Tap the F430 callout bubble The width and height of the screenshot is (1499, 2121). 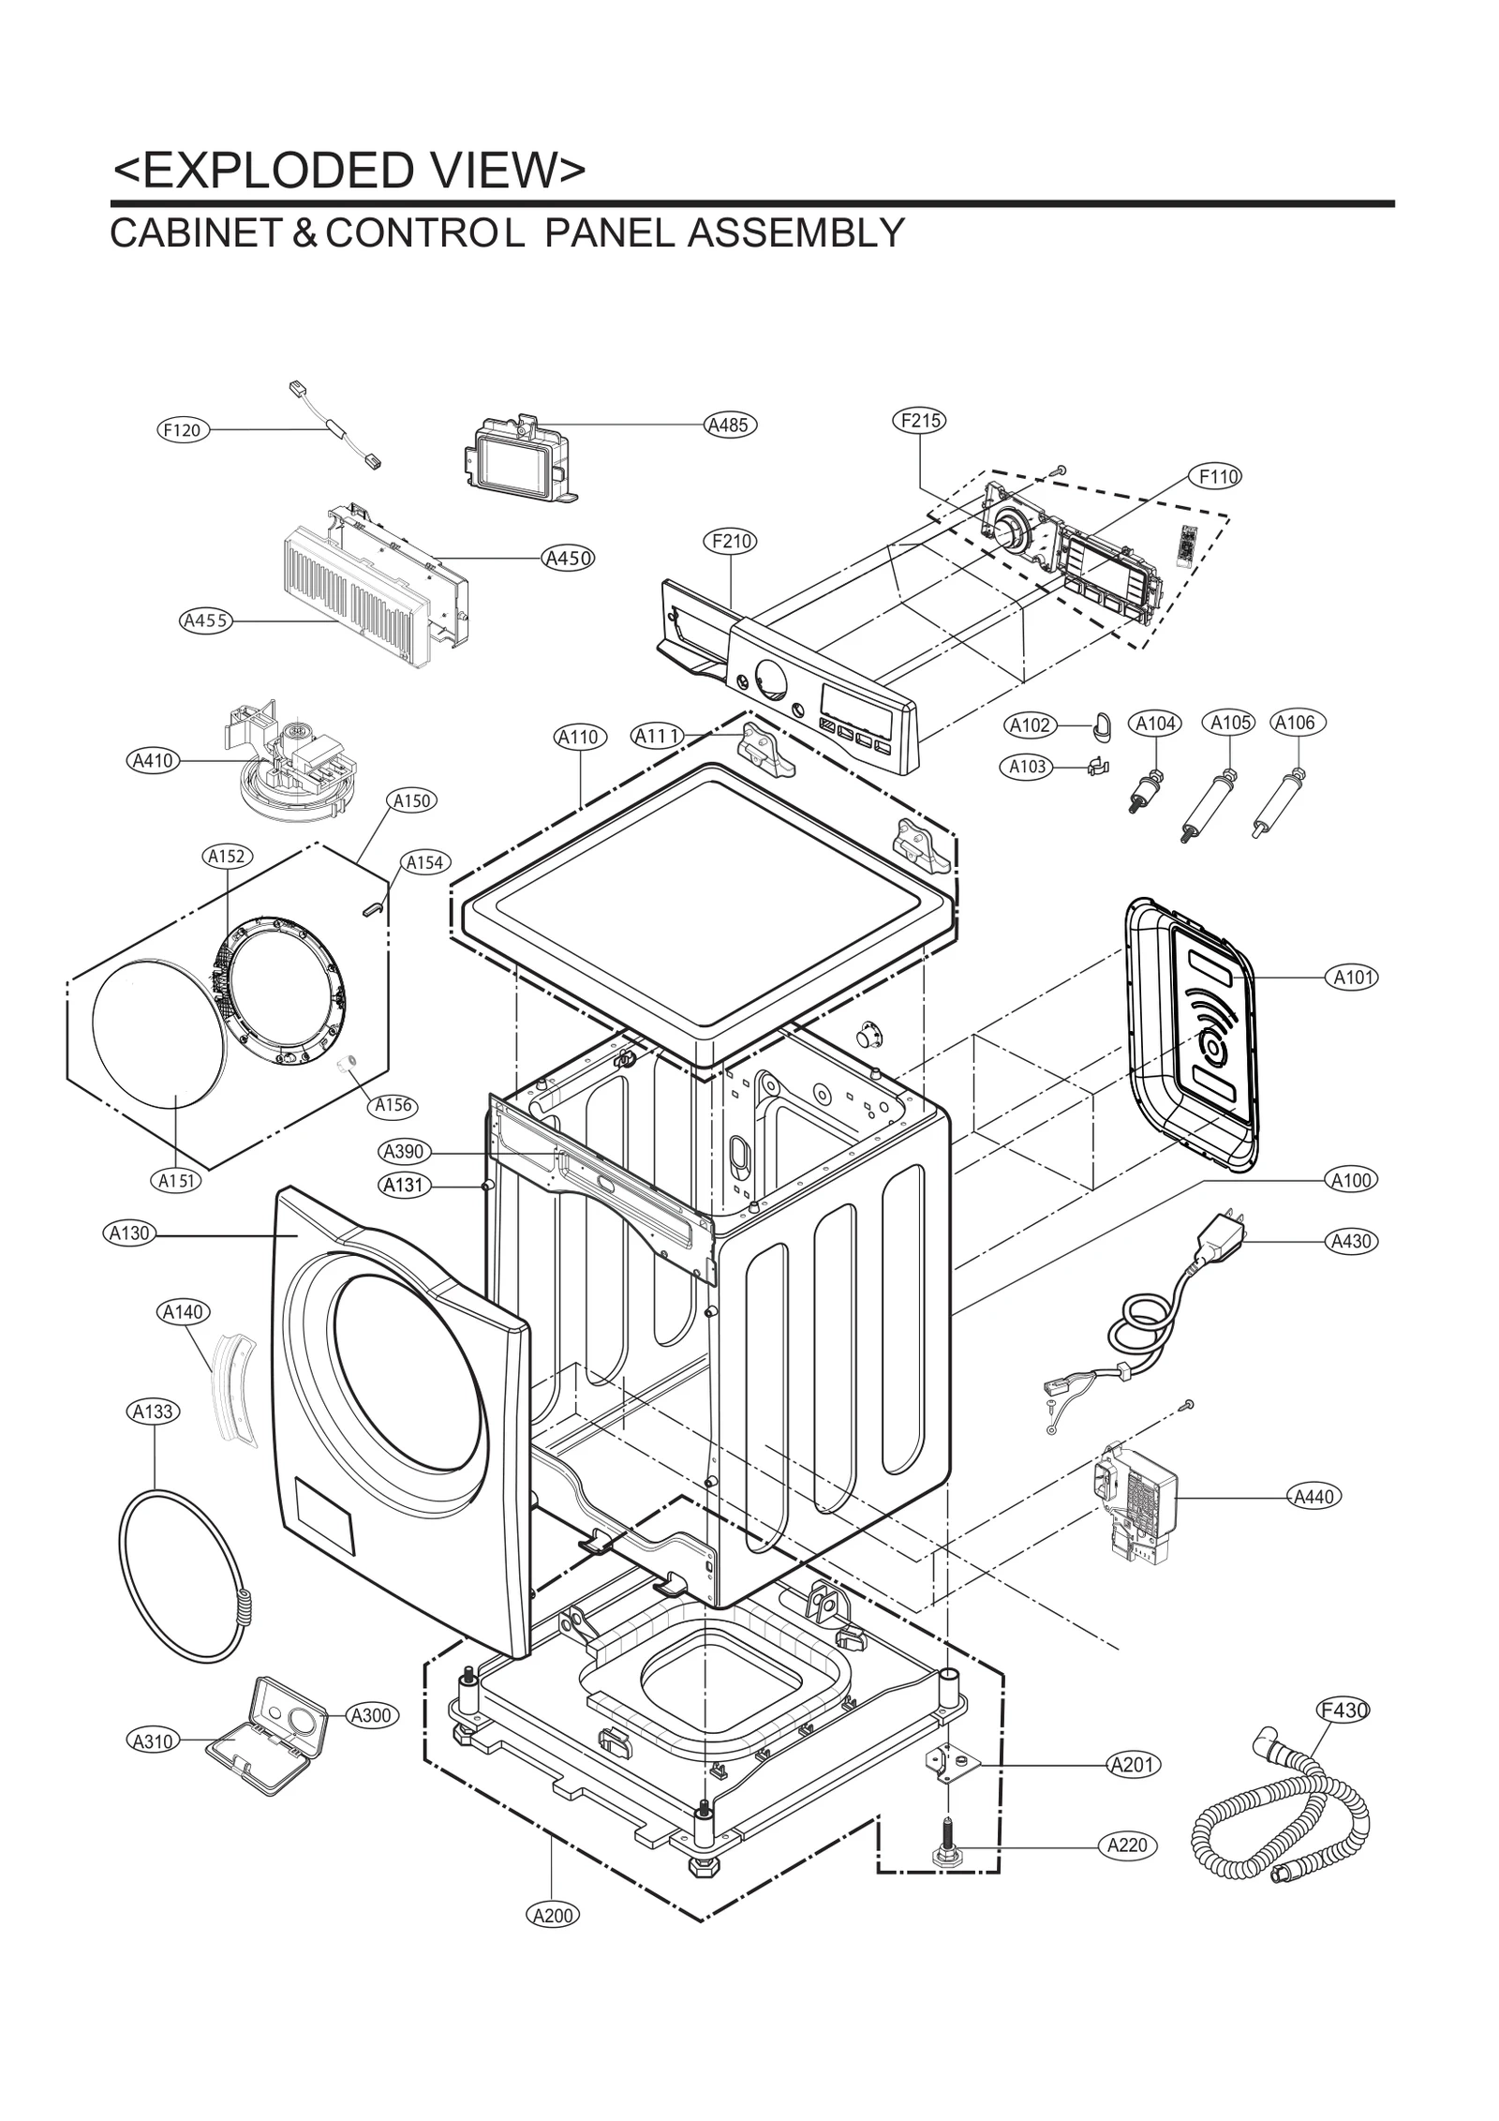pos(1343,1710)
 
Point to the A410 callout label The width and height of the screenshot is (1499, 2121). pos(153,760)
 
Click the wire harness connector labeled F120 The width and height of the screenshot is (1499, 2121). pos(335,429)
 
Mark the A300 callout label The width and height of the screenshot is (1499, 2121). pos(372,1716)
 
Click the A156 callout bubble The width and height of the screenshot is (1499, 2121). pos(393,1105)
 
